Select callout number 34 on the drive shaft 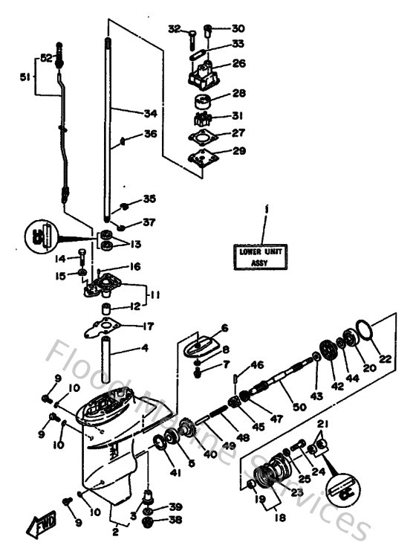(x=150, y=113)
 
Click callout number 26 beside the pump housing (x=239, y=64)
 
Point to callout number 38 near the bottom (x=175, y=520)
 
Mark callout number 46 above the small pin (x=256, y=365)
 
